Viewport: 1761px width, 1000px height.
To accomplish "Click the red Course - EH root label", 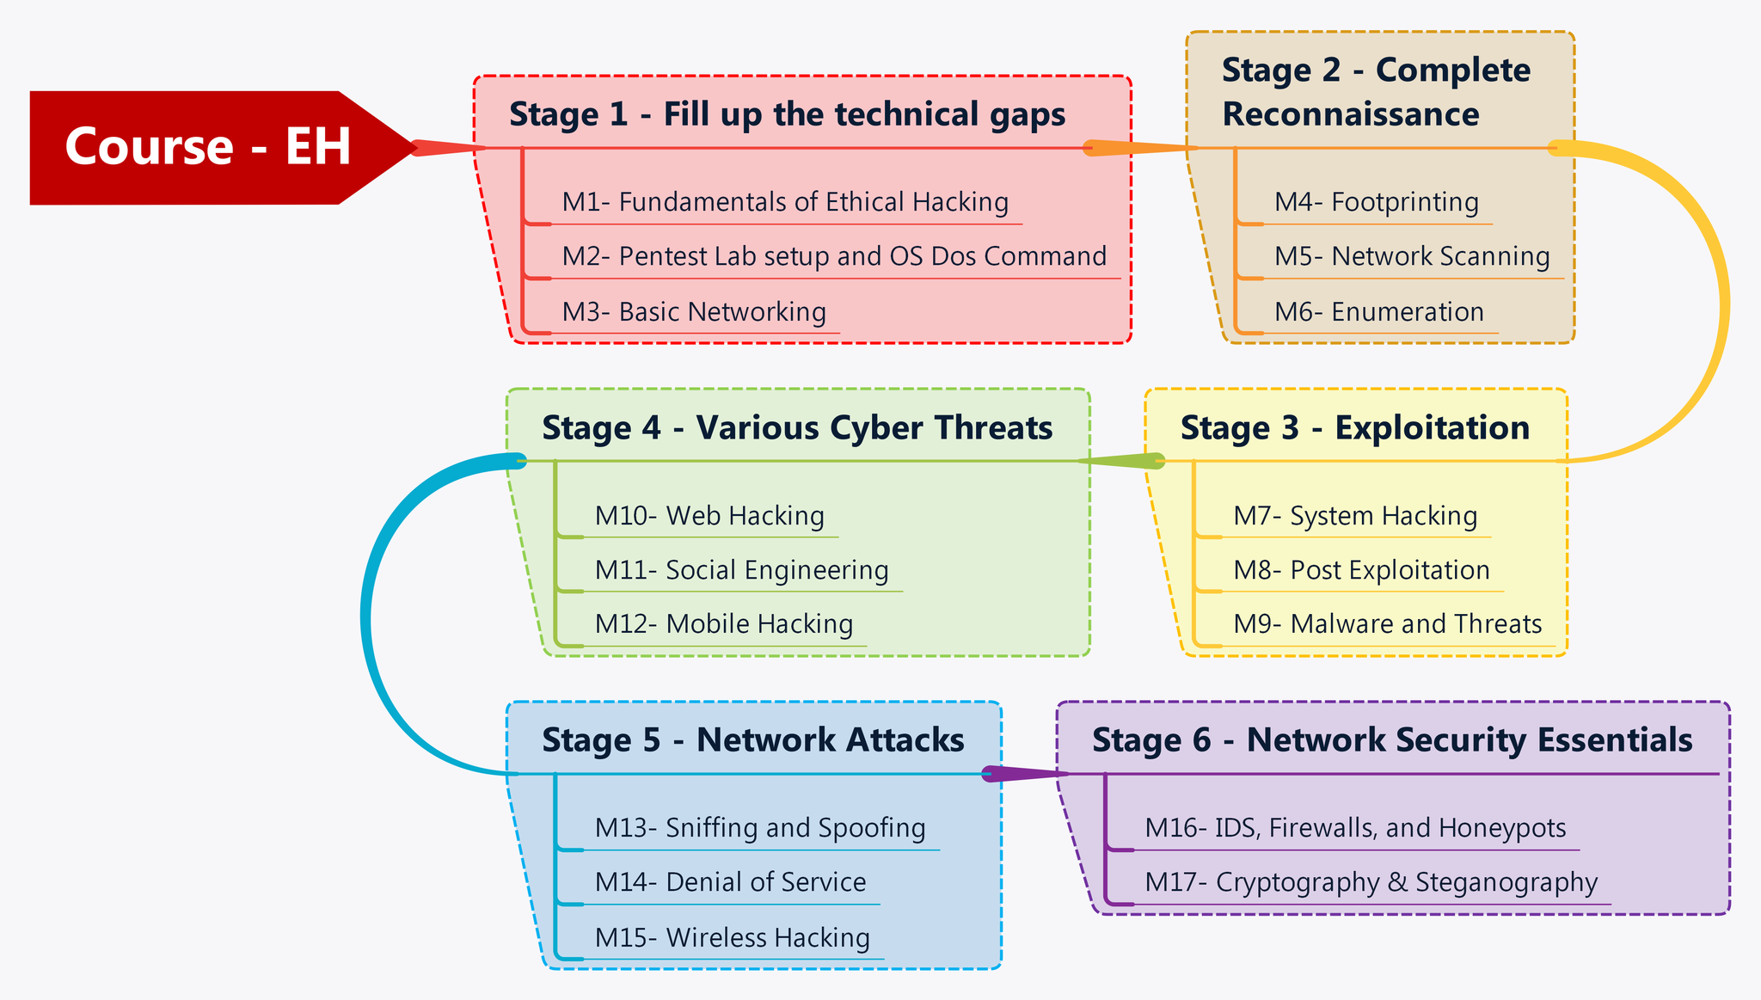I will pos(207,146).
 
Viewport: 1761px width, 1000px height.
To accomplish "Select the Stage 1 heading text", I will pos(787,114).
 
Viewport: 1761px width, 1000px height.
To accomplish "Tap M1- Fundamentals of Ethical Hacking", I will pos(784,203).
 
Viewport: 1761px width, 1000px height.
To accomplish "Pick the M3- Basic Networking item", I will pos(693,312).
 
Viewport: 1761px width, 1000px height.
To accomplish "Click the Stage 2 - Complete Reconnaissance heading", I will pos(1375,92).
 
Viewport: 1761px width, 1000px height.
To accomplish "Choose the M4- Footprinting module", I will pos(1376,203).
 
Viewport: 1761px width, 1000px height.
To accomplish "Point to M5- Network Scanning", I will pos(1411,257).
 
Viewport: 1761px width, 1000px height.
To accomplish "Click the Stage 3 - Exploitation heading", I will pos(1354,427).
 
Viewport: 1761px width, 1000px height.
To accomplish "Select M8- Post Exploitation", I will pos(1360,571).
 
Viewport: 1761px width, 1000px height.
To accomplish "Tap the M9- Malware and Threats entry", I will pos(1387,624).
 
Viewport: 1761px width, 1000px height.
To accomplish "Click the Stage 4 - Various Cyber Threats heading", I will pos(796,427).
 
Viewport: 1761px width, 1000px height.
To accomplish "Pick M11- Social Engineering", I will pos(741,571).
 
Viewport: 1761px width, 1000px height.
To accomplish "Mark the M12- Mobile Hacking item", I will pos(723,624).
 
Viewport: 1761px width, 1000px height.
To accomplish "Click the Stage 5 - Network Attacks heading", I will pos(752,740).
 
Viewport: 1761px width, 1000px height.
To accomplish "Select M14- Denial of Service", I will pos(730,883).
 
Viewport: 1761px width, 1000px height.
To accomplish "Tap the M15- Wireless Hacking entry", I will pos(732,938).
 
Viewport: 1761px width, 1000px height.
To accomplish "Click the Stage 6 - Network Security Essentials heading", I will pos(1391,740).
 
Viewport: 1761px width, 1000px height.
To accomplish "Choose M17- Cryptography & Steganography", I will pos(1371,883).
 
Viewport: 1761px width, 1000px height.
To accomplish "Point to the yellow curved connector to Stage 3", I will pos(1723,305).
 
